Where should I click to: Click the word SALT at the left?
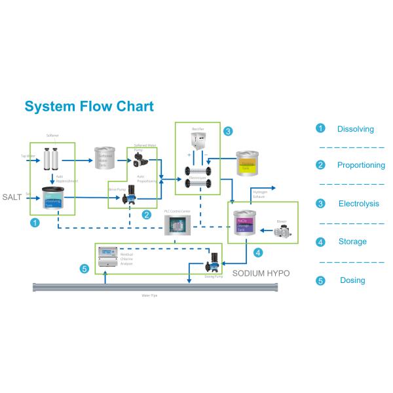[x=12, y=196]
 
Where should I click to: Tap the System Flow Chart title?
[x=89, y=107]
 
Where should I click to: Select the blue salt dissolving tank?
[x=52, y=198]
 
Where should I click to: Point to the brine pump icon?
[x=130, y=193]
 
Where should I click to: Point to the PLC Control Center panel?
[x=176, y=226]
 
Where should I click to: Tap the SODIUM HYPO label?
[x=261, y=272]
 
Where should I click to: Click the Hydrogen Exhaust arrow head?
[x=274, y=188]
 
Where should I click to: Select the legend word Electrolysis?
[x=358, y=204]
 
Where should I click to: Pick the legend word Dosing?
[x=352, y=280]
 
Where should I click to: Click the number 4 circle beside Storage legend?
[x=320, y=242]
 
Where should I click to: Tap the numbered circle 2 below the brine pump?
[x=147, y=214]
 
